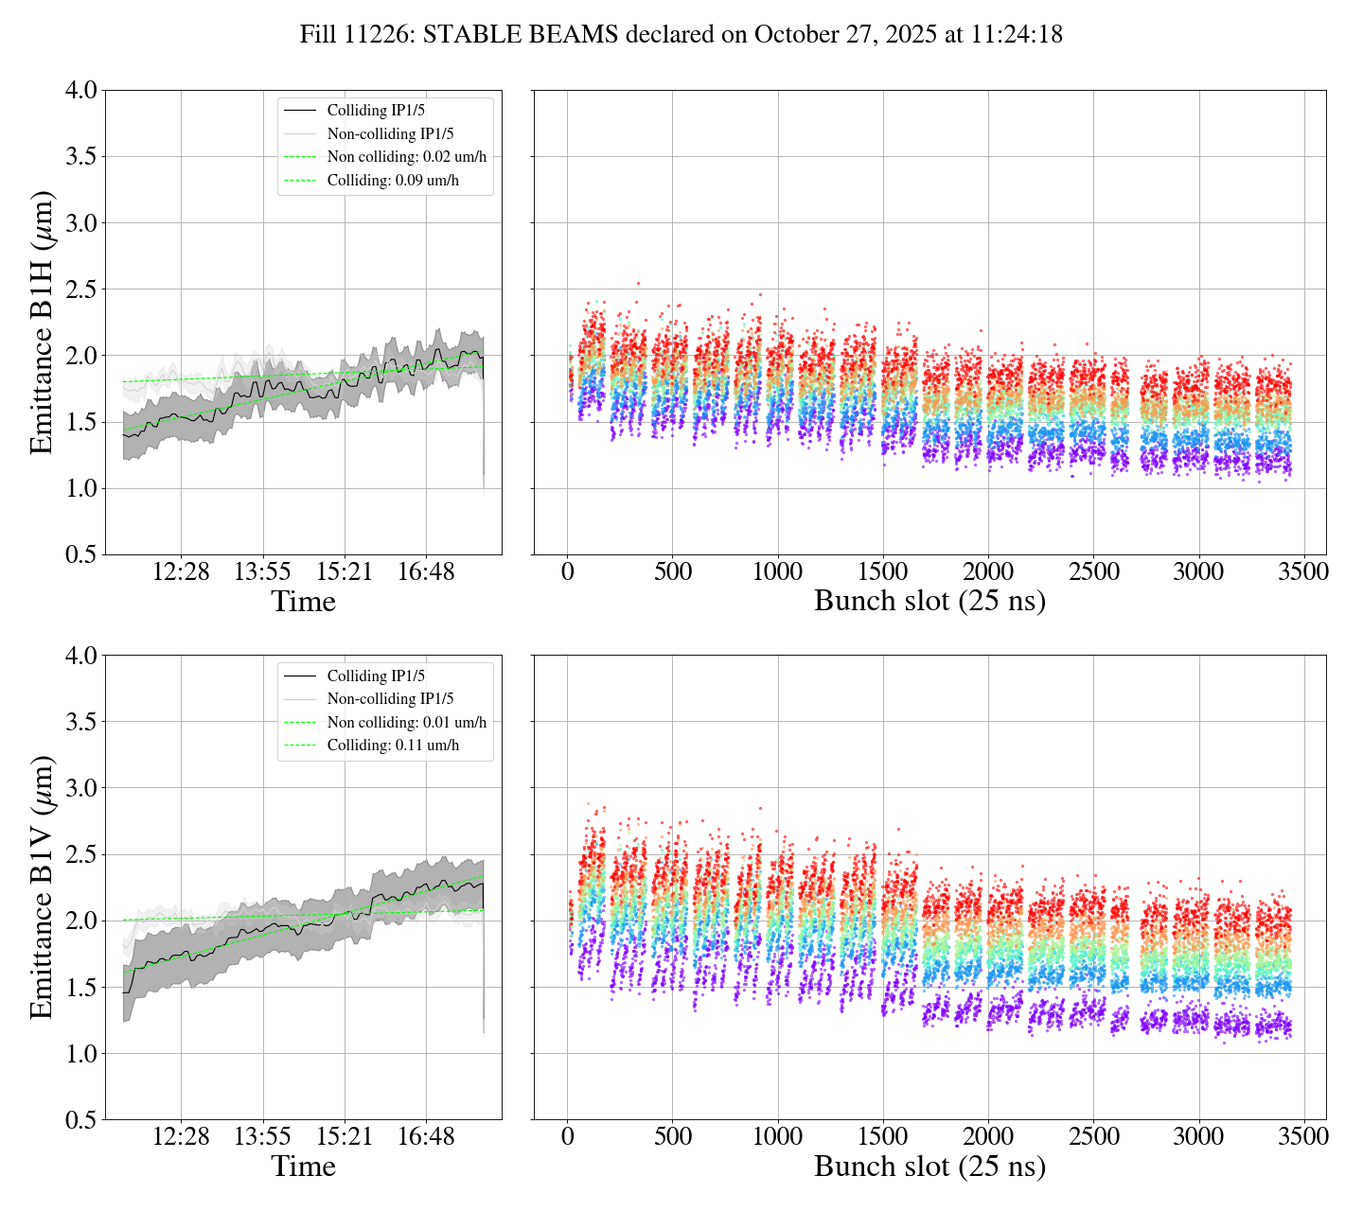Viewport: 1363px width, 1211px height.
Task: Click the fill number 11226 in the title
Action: click(381, 35)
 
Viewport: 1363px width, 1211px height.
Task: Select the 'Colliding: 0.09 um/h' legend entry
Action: click(393, 180)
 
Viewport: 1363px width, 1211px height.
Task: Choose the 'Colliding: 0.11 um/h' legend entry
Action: click(393, 746)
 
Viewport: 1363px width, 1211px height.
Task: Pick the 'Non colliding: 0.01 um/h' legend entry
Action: click(407, 723)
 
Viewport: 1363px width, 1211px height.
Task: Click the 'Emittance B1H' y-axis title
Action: click(42, 323)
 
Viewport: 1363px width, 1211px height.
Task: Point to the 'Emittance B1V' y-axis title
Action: click(42, 887)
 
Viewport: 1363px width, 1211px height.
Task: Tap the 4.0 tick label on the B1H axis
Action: click(80, 91)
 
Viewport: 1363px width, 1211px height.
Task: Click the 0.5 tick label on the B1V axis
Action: click(80, 1120)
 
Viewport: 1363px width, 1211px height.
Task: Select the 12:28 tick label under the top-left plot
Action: click(181, 572)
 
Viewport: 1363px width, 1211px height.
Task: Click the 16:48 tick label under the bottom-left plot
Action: click(426, 1136)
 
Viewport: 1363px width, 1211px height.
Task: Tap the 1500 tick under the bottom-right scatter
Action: click(883, 1136)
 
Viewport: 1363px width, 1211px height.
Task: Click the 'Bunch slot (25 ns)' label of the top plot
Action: click(929, 602)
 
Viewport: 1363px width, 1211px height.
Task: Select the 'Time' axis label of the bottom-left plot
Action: click(303, 1167)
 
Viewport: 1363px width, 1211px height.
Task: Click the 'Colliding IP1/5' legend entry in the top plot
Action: click(376, 111)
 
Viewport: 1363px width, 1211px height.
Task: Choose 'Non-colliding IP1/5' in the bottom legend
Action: click(390, 699)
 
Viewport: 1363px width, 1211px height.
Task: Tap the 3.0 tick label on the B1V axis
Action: click(80, 788)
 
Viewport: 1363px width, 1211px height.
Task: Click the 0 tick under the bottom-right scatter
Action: click(567, 1136)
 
